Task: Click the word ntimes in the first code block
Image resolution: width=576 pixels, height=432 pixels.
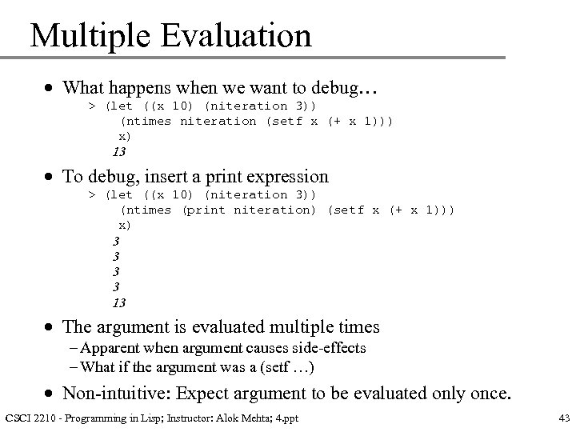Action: pos(146,121)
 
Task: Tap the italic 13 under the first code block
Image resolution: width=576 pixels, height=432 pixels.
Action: pos(118,151)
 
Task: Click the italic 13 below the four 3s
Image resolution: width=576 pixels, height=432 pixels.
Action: pos(118,302)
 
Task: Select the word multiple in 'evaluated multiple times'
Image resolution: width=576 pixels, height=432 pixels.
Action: pos(304,326)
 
